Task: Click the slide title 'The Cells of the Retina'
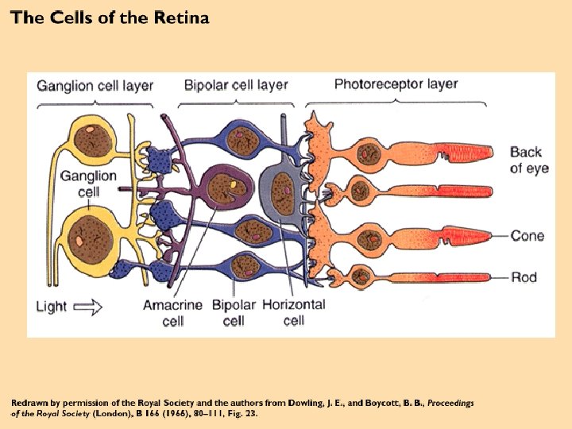click(110, 18)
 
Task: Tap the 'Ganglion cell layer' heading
click(95, 85)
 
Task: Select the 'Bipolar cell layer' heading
click(236, 84)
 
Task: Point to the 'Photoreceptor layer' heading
click(396, 83)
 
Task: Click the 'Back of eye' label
click(528, 160)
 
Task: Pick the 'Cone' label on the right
click(527, 235)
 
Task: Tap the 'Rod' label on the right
click(524, 277)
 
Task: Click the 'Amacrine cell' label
click(172, 313)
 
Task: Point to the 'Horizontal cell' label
click(293, 312)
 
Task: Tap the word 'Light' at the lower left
click(52, 306)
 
